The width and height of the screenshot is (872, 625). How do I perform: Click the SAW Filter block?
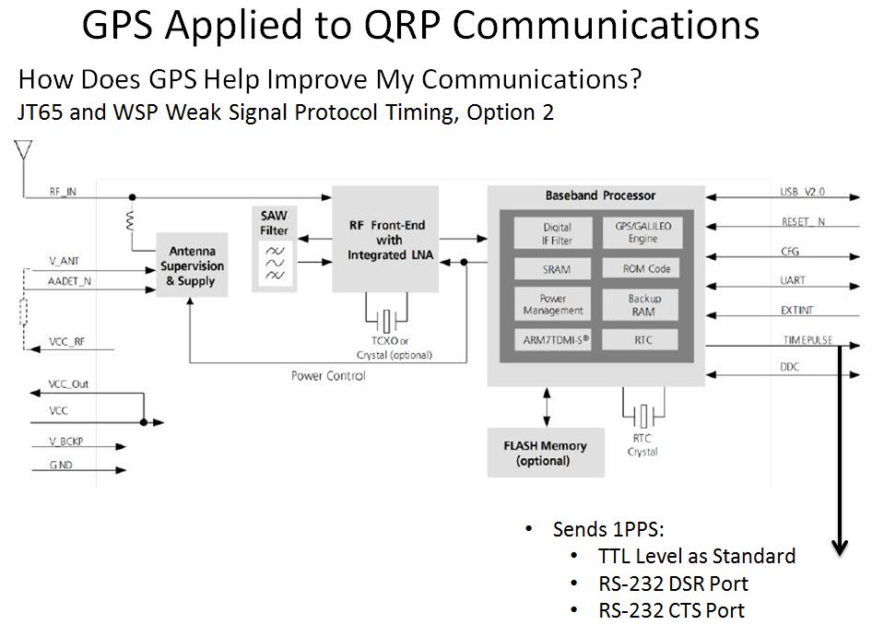coord(274,249)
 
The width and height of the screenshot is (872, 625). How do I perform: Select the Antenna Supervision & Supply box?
coord(192,265)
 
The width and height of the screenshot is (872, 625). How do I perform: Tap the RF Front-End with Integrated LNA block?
coord(385,239)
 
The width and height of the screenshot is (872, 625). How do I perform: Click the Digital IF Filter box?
coord(557,233)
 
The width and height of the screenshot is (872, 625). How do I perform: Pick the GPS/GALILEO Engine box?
coord(642,232)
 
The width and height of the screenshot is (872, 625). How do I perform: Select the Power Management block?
coord(553,304)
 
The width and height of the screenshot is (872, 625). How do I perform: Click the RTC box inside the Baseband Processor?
coord(642,340)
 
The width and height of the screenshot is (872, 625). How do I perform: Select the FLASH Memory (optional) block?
coord(546,453)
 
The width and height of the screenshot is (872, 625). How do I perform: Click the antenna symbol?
coord(23,150)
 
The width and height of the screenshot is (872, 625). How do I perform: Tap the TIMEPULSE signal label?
coord(807,340)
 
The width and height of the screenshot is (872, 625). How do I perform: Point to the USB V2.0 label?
coord(802,192)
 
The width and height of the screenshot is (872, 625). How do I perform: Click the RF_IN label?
coord(63,192)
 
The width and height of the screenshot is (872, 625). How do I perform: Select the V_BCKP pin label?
coord(65,442)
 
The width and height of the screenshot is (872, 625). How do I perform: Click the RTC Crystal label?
coord(642,445)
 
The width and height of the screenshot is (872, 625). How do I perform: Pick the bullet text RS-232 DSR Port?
coord(673,584)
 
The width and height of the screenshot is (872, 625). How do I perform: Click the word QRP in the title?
coord(403,25)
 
